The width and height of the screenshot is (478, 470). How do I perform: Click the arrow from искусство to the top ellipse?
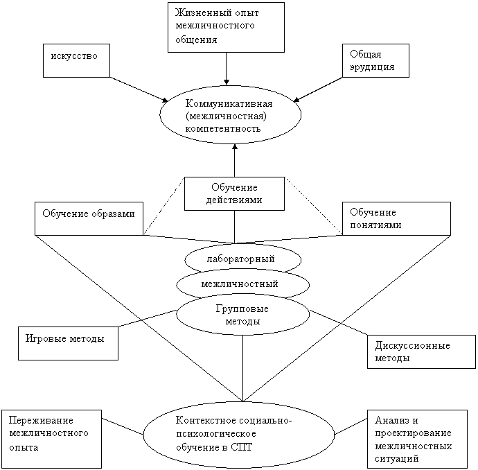tap(139, 89)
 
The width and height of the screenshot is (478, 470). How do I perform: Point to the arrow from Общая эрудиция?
tap(318, 89)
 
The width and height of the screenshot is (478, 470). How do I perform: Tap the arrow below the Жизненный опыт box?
tap(227, 69)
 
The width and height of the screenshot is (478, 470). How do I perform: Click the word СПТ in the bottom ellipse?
tap(242, 447)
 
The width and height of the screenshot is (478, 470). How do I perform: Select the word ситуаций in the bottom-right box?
tap(397, 458)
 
